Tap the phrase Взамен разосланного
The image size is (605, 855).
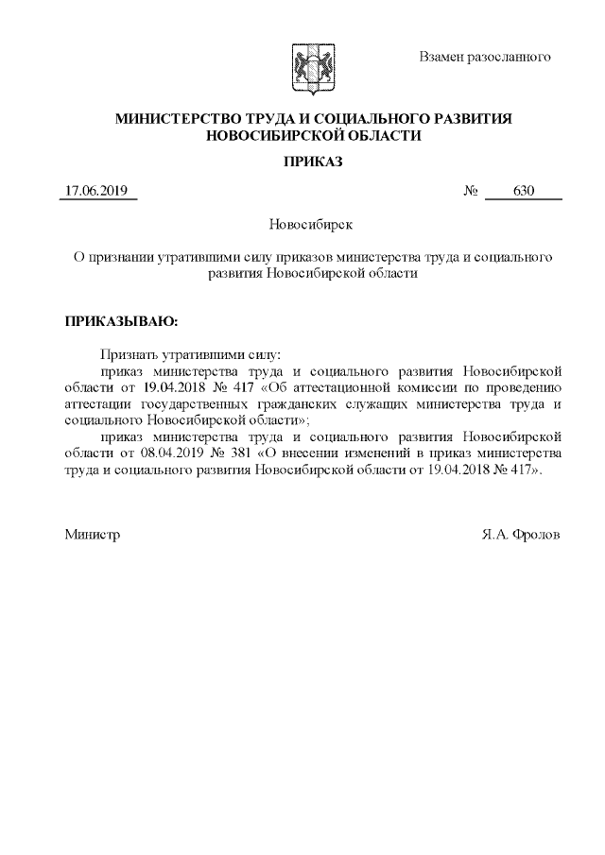(484, 57)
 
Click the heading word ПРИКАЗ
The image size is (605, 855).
(313, 162)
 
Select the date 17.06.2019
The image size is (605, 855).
(97, 192)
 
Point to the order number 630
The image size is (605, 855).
(524, 192)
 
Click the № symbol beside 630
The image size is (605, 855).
(471, 192)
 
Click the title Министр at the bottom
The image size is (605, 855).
(92, 535)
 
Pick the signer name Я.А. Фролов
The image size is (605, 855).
(521, 535)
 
